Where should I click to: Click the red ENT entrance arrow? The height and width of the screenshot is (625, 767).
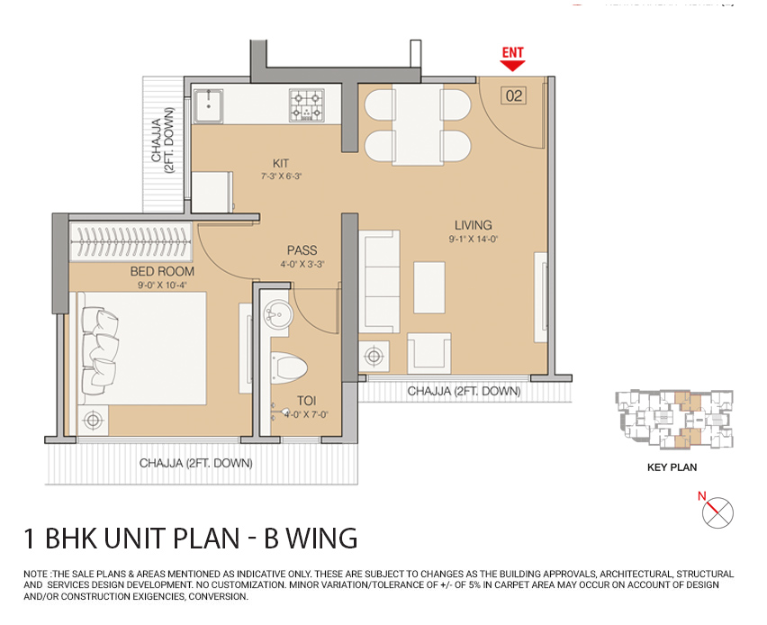click(x=513, y=60)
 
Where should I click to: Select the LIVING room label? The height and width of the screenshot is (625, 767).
click(x=473, y=225)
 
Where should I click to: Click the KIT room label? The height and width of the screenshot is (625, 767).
click(x=281, y=164)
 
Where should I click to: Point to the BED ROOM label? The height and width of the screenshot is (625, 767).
click(x=163, y=271)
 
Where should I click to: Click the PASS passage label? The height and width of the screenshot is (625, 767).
click(x=302, y=250)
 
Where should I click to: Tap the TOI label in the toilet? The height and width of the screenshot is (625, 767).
click(x=307, y=401)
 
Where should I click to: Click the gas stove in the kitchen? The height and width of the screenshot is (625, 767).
click(x=307, y=104)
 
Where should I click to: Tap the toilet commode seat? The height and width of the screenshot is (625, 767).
click(x=290, y=367)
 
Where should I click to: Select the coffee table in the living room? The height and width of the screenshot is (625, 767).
click(x=429, y=286)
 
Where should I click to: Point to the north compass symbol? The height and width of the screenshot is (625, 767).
click(x=717, y=512)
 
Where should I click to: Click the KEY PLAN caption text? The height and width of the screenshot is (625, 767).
click(x=672, y=467)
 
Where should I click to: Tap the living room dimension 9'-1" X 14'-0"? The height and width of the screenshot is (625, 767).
click(x=473, y=240)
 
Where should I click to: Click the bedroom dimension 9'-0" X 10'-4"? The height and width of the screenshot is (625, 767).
click(x=163, y=285)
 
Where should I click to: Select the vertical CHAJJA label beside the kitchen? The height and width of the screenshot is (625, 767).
click(x=163, y=140)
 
